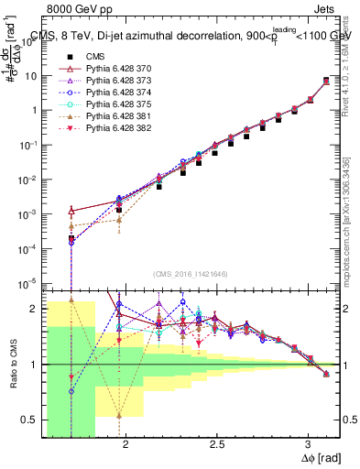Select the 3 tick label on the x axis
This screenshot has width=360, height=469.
pyautogui.click(x=309, y=446)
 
